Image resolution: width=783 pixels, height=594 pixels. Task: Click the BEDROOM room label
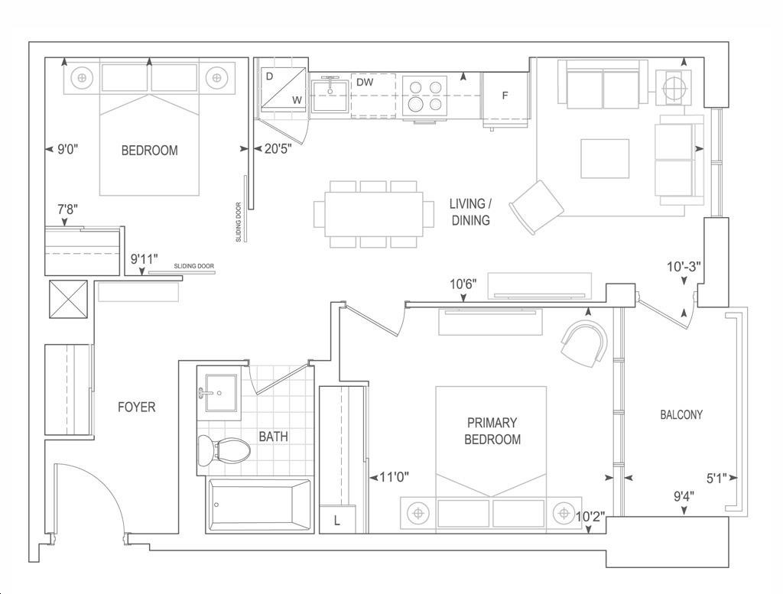(149, 151)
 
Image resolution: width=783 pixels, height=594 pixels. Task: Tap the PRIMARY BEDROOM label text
(492, 431)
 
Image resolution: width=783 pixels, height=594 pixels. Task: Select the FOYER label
(136, 407)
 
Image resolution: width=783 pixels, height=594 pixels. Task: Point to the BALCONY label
(681, 414)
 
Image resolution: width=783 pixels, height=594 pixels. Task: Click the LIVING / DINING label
(470, 212)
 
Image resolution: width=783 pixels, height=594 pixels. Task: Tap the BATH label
(273, 437)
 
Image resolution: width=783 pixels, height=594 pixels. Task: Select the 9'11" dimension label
(145, 259)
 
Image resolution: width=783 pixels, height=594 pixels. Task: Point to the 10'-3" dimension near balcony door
(684, 267)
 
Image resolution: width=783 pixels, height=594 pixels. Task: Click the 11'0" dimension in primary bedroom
(394, 477)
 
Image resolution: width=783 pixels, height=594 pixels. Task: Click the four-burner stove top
(424, 96)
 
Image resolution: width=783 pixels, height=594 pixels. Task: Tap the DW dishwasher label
(365, 83)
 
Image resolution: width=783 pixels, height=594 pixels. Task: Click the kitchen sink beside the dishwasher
(330, 96)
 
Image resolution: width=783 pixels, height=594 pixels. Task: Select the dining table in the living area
(373, 214)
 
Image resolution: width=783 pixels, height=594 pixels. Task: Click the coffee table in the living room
(605, 159)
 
